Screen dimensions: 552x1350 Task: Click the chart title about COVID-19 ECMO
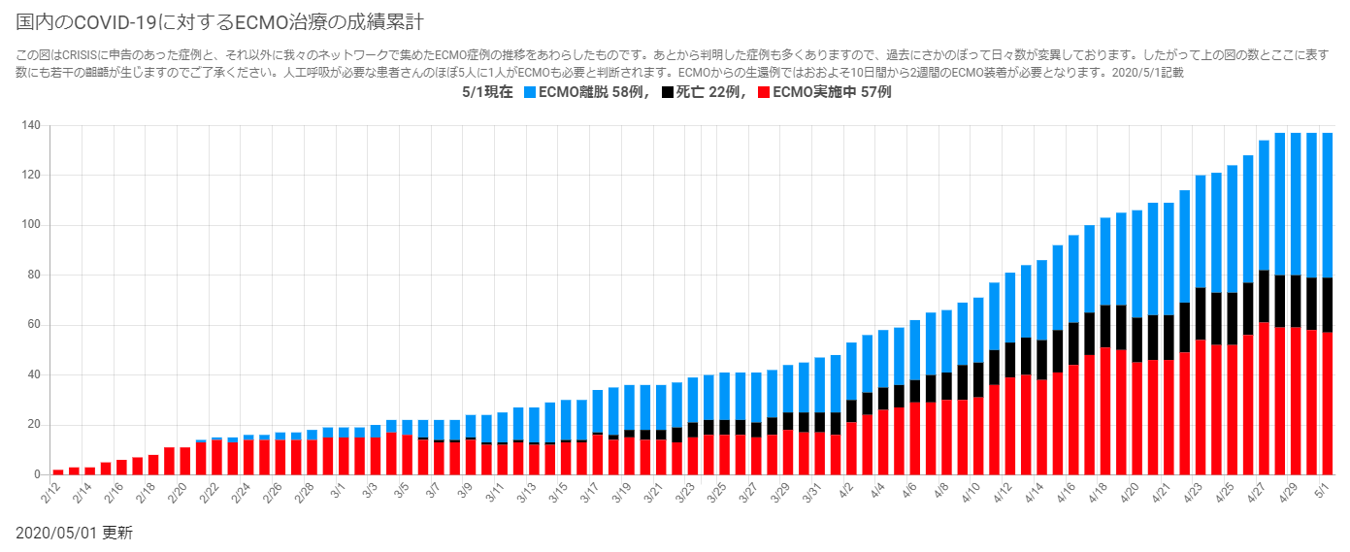point(219,21)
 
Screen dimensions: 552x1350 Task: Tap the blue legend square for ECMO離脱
point(530,93)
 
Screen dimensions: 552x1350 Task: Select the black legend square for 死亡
point(667,93)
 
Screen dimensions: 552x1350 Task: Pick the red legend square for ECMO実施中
point(764,93)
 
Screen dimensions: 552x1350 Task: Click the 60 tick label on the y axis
point(32,325)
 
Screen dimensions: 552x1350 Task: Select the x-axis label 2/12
point(51,493)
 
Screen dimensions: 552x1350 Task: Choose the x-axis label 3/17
point(590,494)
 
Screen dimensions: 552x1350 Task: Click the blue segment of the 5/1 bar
point(1327,205)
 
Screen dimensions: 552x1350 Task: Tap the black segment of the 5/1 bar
point(1327,305)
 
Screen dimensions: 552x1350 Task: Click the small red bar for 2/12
point(58,471)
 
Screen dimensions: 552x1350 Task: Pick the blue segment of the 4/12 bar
point(1009,308)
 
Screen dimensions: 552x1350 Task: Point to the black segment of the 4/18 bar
point(1105,326)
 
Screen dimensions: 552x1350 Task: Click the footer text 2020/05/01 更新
point(74,533)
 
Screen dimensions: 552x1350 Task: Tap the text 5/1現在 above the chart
point(488,93)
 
